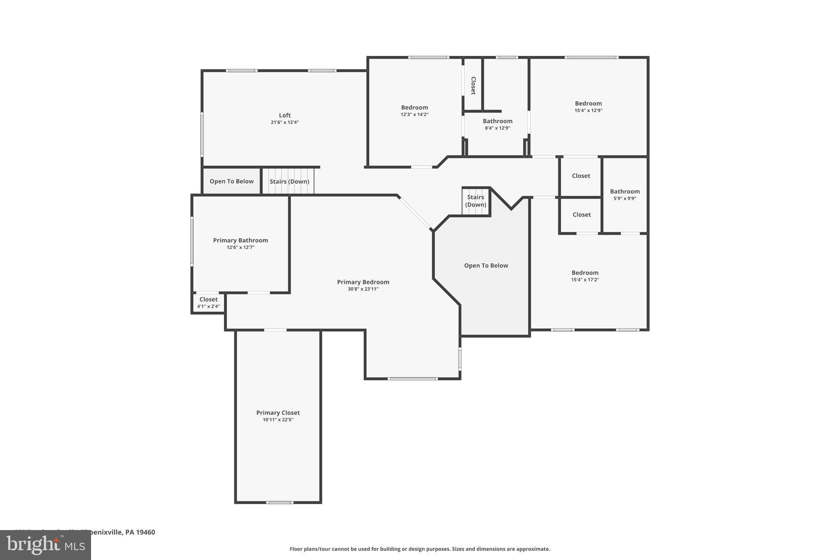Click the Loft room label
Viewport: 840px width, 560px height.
285,115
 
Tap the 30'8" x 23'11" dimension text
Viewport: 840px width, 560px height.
363,289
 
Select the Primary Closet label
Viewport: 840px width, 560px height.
278,413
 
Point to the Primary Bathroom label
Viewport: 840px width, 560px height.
240,240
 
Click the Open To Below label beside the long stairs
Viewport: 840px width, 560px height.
231,181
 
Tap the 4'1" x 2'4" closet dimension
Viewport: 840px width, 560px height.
208,306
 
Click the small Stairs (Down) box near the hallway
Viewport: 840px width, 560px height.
476,201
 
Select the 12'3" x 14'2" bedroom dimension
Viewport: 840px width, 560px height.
414,114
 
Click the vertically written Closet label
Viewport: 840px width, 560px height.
473,85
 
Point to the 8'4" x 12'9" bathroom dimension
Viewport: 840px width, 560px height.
497,128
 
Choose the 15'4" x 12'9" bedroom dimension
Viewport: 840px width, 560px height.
588,110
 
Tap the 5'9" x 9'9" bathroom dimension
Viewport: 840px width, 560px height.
625,199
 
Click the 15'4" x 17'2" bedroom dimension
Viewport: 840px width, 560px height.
585,280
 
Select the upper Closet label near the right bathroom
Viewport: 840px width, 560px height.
581,176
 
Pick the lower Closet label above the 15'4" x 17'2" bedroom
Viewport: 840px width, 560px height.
581,215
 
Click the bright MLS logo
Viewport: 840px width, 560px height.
46,545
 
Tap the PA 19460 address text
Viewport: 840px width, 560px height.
140,532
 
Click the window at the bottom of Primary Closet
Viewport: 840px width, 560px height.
279,502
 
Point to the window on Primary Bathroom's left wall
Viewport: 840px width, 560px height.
192,242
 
